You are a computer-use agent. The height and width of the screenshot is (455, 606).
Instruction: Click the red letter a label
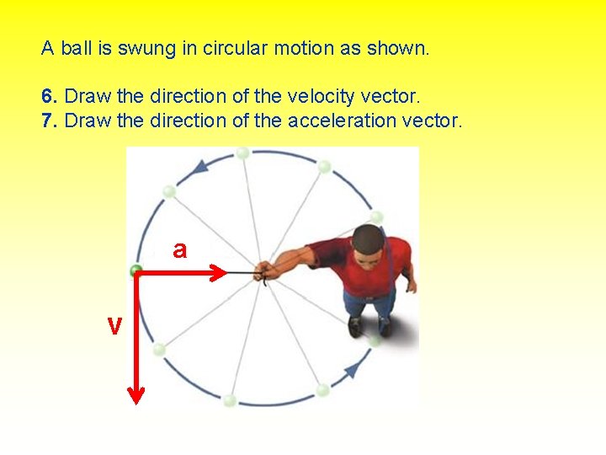pyautogui.click(x=179, y=249)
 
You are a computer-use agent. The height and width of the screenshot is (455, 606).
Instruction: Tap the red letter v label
pyautogui.click(x=114, y=325)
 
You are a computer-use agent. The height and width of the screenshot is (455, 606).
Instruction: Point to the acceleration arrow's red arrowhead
pyautogui.click(x=219, y=272)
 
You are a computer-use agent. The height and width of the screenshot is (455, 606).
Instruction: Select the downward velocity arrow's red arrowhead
pyautogui.click(x=136, y=393)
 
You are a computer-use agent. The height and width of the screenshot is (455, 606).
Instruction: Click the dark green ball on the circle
pyautogui.click(x=136, y=270)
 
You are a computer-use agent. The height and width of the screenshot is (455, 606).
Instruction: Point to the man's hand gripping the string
pyautogui.click(x=266, y=270)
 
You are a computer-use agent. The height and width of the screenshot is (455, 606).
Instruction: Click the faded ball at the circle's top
pyautogui.click(x=242, y=153)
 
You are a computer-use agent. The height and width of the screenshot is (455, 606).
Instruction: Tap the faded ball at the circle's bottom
pyautogui.click(x=229, y=399)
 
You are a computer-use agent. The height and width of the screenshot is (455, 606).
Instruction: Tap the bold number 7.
pyautogui.click(x=47, y=120)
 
